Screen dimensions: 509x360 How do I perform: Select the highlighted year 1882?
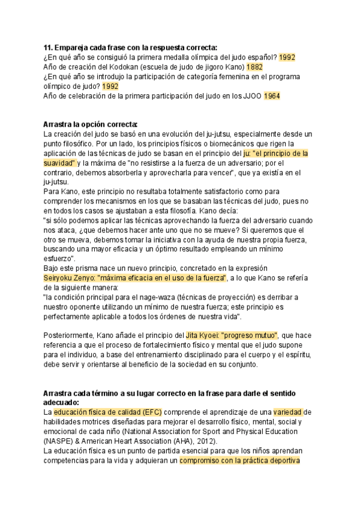(x=256, y=67)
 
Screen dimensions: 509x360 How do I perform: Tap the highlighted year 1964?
(x=272, y=96)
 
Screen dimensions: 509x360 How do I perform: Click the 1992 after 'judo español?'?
(x=287, y=57)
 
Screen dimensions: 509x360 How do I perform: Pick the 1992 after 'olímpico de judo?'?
(x=110, y=86)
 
